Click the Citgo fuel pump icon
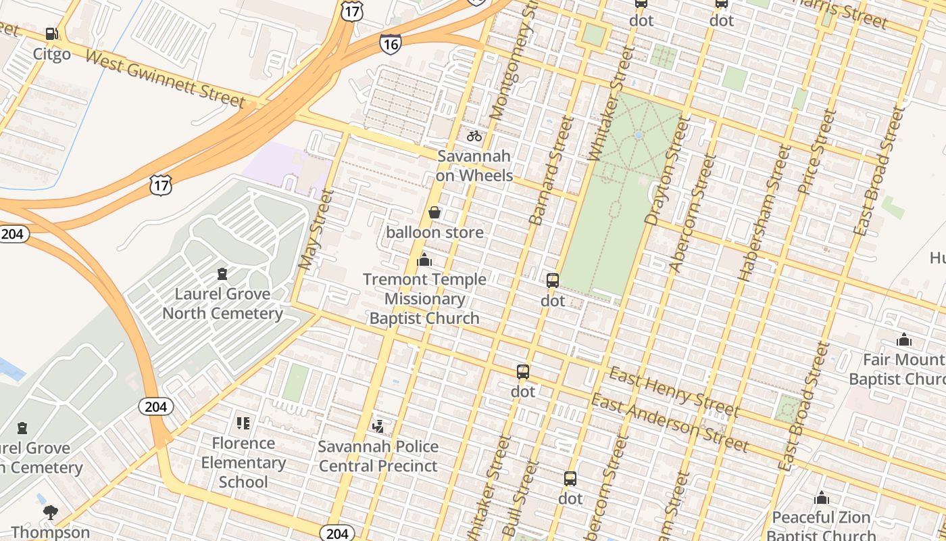51,33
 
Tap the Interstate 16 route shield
390,44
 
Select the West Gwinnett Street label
165,78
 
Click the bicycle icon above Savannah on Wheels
474,136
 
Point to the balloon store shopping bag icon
434,213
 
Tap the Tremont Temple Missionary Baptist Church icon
424,260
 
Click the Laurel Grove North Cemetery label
222,304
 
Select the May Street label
316,230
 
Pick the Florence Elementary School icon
243,423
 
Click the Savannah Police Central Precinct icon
378,427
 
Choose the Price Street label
817,152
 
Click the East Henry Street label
674,392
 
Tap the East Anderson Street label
669,423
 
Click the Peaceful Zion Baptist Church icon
822,498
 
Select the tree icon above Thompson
50,513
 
